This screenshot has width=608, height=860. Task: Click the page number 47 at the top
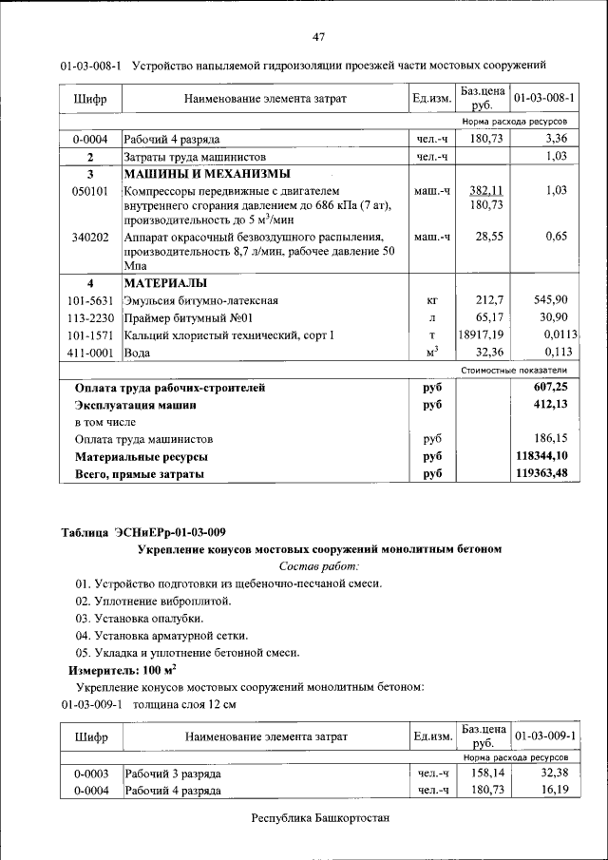point(319,37)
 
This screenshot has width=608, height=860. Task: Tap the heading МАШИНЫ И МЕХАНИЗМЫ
point(206,175)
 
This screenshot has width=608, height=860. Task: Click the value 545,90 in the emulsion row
point(550,299)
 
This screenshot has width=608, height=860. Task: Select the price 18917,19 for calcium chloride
point(481,334)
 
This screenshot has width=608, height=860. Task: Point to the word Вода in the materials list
point(139,353)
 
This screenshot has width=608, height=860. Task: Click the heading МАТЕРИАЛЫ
point(165,283)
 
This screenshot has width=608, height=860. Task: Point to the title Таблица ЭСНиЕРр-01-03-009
point(143,531)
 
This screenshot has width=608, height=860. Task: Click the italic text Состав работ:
point(319,566)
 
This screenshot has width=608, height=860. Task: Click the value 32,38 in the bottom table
point(551,774)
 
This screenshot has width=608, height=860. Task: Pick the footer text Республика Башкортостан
point(320,818)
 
